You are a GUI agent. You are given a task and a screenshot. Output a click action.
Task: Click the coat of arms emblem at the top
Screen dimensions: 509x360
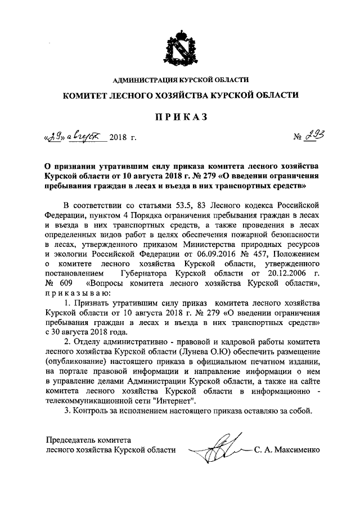tap(179, 47)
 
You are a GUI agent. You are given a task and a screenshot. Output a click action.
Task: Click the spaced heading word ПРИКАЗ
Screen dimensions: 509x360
tap(180, 116)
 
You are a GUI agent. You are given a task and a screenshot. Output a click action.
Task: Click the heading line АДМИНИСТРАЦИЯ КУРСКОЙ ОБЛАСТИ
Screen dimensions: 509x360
tap(179, 80)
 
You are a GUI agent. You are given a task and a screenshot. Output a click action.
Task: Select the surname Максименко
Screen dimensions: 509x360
tap(299, 450)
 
